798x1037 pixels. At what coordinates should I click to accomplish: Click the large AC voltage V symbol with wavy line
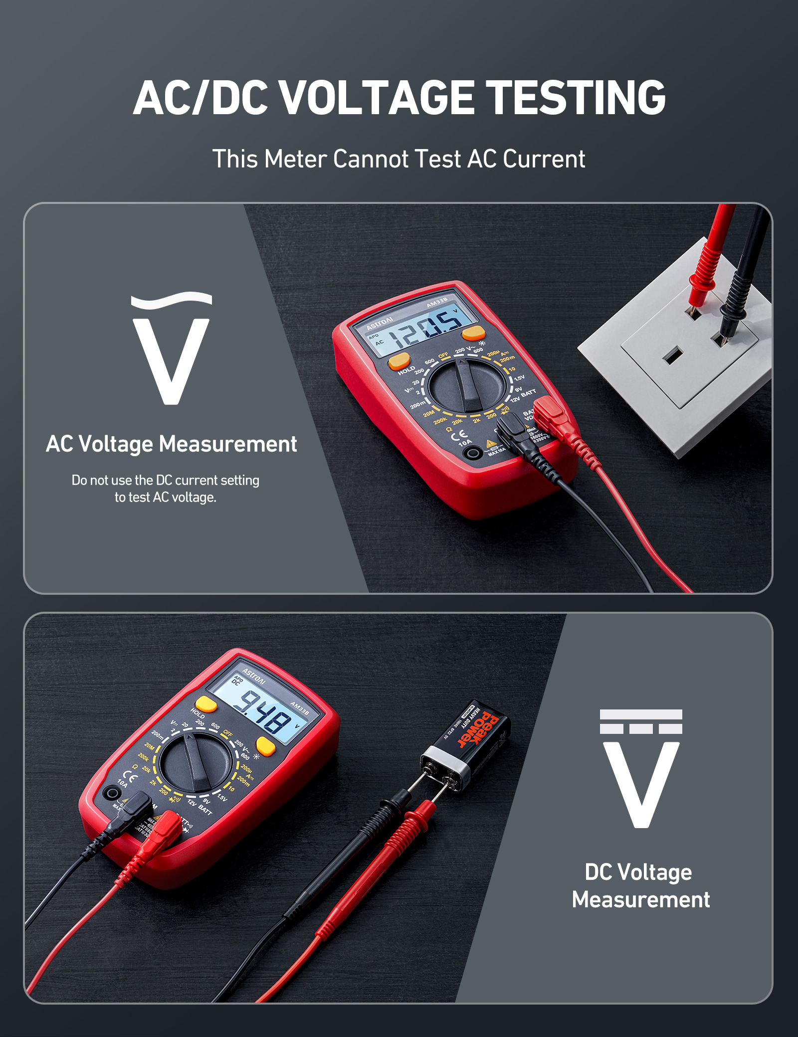tap(171, 348)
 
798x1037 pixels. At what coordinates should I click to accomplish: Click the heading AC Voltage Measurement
tap(171, 444)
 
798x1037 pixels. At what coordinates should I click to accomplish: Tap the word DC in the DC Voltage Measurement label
tap(598, 872)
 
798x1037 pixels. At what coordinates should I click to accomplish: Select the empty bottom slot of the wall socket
tap(672, 356)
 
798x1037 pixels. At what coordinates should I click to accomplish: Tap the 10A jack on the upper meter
tap(472, 453)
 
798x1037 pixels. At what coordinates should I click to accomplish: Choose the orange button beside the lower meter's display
tap(265, 746)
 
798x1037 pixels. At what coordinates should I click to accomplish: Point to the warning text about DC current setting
tap(166, 489)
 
